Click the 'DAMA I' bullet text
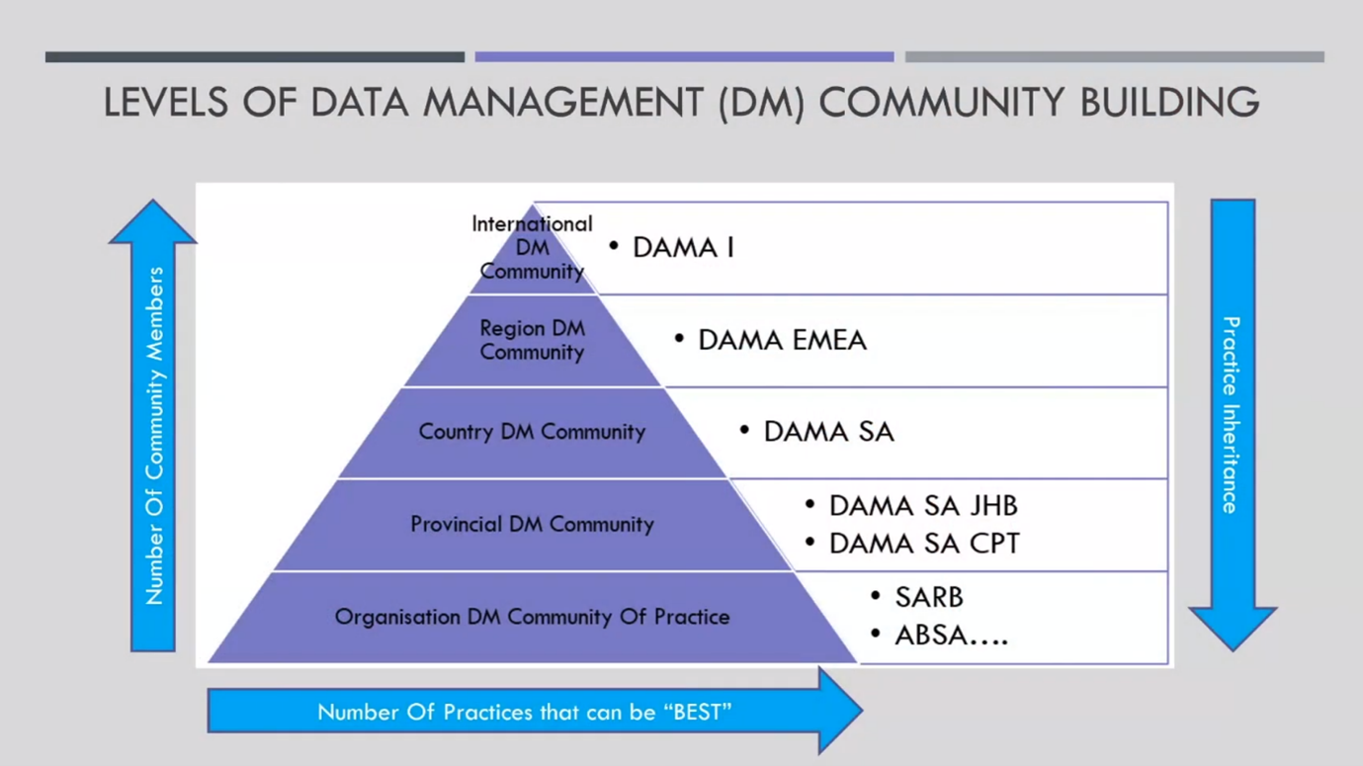683,247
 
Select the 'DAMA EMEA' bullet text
782,340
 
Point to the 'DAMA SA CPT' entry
924,544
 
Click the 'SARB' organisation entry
928,597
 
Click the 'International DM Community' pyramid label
532,247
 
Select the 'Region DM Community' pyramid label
532,340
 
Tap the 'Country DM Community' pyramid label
532,432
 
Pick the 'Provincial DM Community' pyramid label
532,524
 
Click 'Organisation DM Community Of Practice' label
532,617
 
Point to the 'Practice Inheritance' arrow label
1232,415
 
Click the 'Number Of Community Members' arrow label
154,435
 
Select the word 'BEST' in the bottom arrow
697,712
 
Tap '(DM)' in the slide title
761,103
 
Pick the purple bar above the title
684,57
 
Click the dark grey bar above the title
255,57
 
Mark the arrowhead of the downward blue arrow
1233,627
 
